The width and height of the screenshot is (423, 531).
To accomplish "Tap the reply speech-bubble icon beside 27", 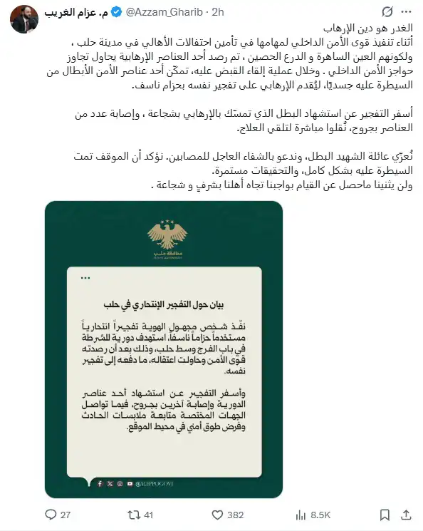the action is click(50, 514).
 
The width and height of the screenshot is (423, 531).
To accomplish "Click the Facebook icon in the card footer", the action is click(100, 484).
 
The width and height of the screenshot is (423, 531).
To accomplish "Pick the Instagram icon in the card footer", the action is click(119, 484).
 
